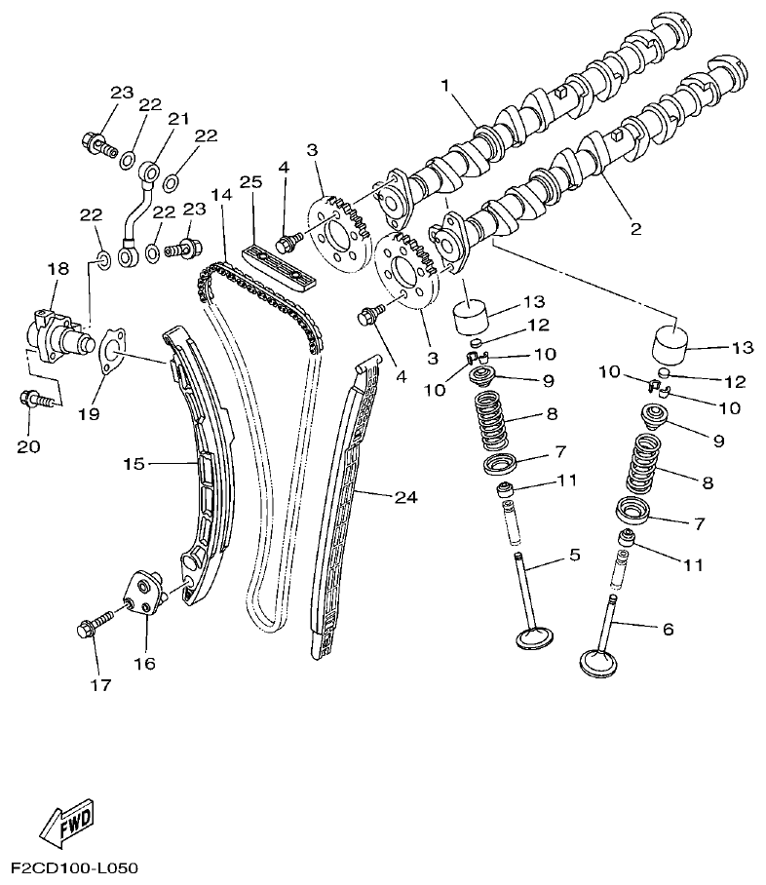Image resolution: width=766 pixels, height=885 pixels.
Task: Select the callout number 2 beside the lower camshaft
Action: click(x=635, y=229)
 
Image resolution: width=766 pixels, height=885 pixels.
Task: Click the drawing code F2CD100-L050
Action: click(x=75, y=866)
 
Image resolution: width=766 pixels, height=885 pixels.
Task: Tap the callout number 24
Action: click(x=405, y=497)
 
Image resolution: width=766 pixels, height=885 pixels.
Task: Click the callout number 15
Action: click(x=134, y=463)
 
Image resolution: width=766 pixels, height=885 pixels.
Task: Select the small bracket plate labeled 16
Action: click(x=143, y=594)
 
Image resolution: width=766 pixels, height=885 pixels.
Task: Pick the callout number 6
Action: click(x=668, y=629)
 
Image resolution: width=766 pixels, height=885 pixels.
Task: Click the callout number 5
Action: click(x=574, y=555)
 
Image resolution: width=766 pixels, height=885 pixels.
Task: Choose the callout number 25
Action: click(x=250, y=182)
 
